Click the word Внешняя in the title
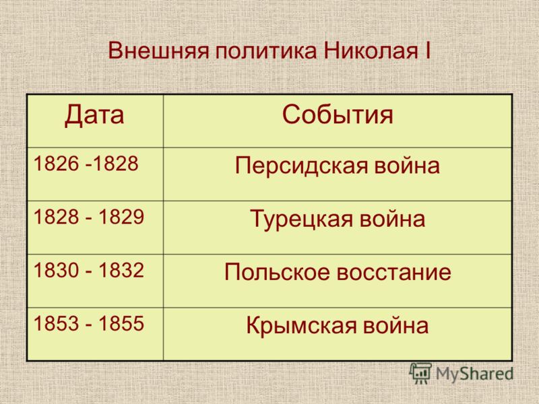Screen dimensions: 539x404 (159, 51)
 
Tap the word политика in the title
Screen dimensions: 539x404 (266, 52)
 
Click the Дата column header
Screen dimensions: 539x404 (94, 114)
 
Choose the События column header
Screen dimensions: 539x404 (338, 114)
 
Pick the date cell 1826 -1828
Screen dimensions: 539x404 (86, 164)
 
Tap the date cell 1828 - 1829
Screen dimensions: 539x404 (89, 217)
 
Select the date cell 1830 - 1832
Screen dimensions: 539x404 (89, 270)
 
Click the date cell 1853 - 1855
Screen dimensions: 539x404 (89, 323)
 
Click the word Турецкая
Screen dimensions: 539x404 (301, 220)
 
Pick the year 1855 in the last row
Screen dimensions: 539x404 (121, 323)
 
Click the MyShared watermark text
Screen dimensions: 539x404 (475, 374)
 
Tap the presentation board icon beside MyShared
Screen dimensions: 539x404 (420, 373)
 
